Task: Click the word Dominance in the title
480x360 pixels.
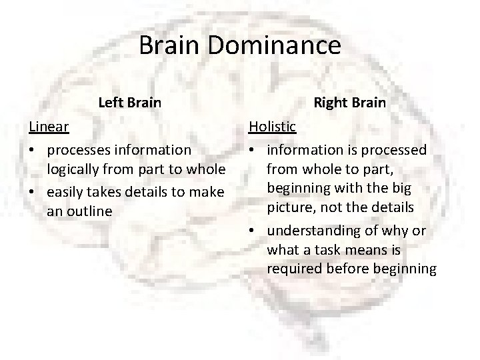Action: click(275, 46)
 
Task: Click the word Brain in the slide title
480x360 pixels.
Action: click(171, 46)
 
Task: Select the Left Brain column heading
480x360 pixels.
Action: click(129, 103)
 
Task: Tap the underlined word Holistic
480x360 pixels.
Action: click(273, 125)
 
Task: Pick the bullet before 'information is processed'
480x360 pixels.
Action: click(253, 150)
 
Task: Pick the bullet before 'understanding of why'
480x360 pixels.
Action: click(253, 231)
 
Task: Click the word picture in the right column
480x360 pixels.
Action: click(290, 207)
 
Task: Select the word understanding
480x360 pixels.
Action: click(312, 231)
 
